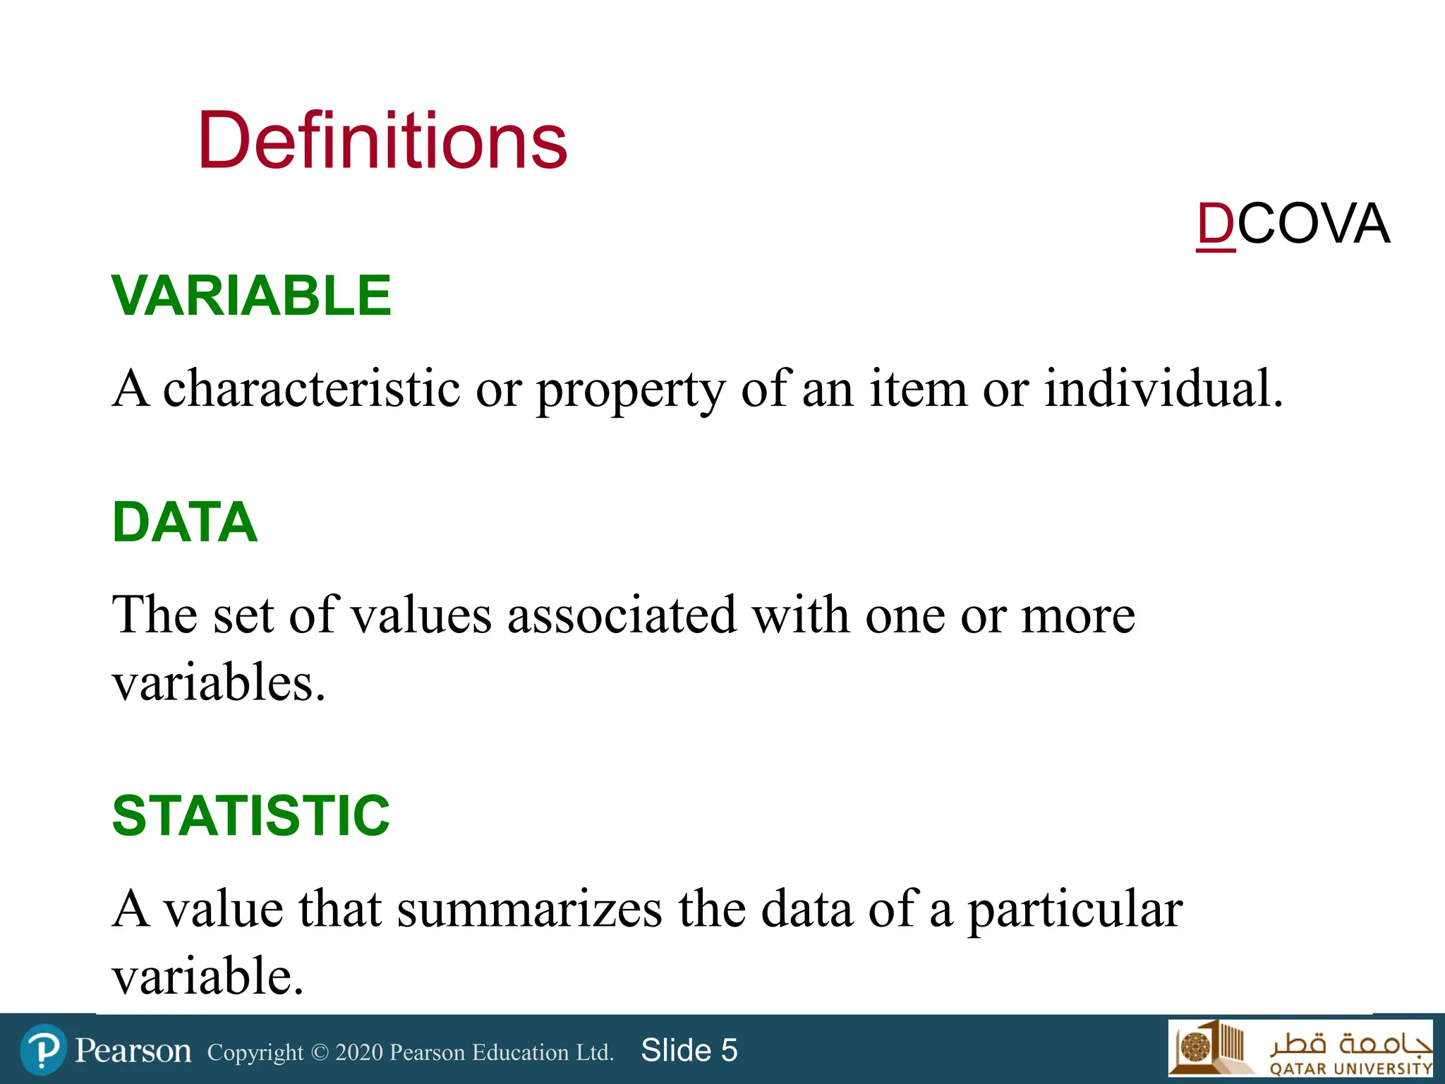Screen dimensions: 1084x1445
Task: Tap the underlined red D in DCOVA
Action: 1216,224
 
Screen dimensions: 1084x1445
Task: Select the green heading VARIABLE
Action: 251,296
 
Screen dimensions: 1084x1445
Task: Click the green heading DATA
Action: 185,522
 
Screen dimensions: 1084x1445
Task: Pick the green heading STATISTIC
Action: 250,816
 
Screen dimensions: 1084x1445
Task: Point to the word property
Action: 630,390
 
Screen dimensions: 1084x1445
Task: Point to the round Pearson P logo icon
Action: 44,1050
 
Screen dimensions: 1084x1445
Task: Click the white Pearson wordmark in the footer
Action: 133,1051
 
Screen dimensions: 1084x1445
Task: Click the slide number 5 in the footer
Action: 729,1050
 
